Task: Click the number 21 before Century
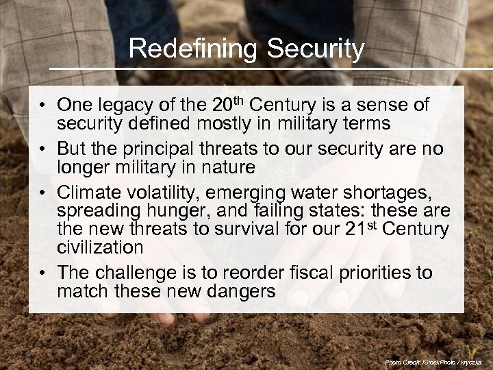(356, 229)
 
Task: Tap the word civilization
(100, 247)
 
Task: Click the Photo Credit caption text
(433, 361)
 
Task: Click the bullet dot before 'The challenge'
(42, 273)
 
